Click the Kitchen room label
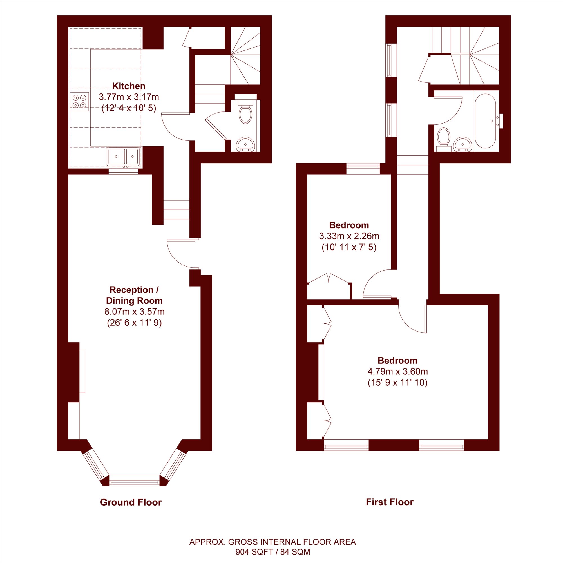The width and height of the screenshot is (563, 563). click(129, 86)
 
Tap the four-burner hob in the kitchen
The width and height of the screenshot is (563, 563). click(79, 102)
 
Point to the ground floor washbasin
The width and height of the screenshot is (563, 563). click(245, 144)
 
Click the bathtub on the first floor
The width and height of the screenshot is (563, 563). click(485, 121)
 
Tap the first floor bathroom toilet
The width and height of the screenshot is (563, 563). click(444, 140)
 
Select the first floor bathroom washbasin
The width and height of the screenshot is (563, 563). click(463, 144)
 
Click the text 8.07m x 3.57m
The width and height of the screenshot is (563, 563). click(134, 312)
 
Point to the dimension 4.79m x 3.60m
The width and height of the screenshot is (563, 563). click(397, 372)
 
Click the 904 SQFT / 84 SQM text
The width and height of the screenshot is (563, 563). click(273, 552)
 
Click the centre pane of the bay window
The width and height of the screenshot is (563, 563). click(134, 480)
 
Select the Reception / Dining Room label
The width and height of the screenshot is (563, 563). click(134, 295)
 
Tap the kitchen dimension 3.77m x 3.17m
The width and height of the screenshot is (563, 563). click(129, 97)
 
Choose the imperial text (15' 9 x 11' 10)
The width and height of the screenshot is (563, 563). click(397, 383)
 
